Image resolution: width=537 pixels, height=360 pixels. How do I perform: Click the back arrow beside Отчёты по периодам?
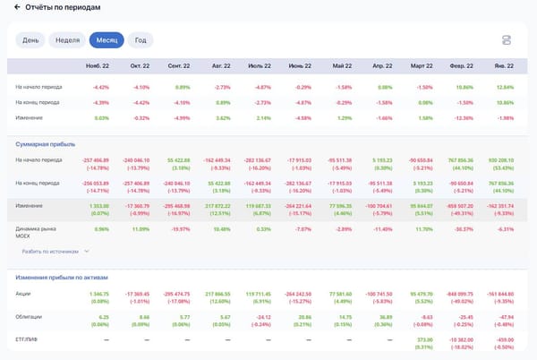point(6,7)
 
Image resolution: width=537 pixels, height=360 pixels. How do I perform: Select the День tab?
point(30,40)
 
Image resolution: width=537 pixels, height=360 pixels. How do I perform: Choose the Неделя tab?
point(66,40)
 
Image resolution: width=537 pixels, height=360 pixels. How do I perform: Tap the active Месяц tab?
point(107,40)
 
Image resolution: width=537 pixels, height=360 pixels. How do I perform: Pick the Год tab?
point(141,40)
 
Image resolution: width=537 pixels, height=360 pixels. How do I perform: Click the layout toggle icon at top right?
point(507,40)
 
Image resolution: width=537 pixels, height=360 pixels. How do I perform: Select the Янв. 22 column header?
point(503,66)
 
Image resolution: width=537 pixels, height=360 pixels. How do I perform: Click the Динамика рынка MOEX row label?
point(36,232)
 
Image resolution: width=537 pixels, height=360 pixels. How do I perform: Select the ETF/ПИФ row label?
point(28,339)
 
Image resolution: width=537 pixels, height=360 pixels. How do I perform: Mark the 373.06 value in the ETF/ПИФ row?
point(424,339)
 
